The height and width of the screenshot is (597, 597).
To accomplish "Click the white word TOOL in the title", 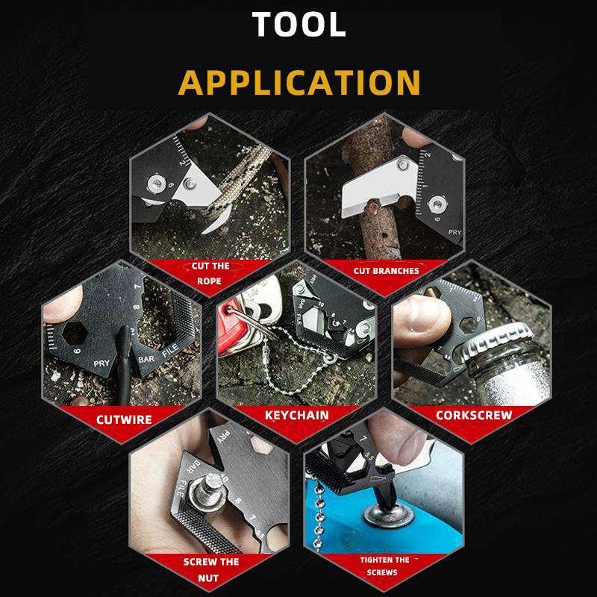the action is [x=299, y=24].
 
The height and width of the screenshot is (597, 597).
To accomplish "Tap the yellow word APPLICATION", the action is [x=299, y=82].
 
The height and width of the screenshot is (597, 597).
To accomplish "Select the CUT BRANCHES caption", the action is [x=386, y=271].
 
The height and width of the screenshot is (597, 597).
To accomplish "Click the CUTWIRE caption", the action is [x=124, y=419].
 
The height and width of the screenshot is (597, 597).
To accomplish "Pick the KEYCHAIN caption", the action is [x=296, y=415].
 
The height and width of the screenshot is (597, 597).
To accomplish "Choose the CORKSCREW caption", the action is [x=474, y=415].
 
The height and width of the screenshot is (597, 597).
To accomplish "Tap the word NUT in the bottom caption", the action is [x=208, y=578].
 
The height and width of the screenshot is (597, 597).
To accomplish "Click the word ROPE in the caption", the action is [x=209, y=281].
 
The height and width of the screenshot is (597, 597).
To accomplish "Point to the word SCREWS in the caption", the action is [x=382, y=572].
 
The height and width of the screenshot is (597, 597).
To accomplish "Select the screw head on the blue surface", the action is [x=388, y=515].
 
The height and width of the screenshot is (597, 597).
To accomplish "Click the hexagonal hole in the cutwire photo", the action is [x=75, y=334].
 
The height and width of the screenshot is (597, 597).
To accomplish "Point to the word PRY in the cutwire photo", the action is [x=101, y=363].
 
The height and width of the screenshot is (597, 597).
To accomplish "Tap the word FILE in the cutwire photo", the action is [x=170, y=350].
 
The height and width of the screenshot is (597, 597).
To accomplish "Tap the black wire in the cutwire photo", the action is [x=125, y=366].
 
